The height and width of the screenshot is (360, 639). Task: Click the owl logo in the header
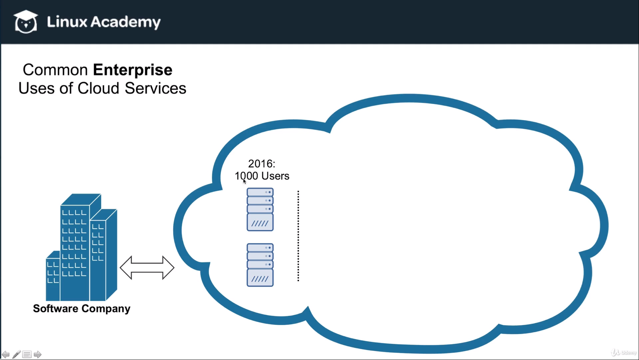(x=26, y=22)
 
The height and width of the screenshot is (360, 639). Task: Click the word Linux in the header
(x=67, y=22)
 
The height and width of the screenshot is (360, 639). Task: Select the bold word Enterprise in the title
(x=132, y=70)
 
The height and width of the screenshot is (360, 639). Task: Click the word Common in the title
(x=55, y=70)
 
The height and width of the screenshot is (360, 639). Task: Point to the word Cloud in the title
(x=98, y=88)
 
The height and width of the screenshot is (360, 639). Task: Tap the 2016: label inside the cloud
(x=261, y=164)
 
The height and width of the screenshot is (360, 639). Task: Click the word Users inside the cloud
(x=275, y=176)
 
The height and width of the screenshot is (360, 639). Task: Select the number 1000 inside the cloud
(x=246, y=176)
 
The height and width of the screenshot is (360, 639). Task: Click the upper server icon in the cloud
(x=260, y=210)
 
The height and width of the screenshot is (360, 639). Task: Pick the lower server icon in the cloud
(x=260, y=265)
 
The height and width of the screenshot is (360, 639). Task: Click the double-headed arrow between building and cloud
(x=147, y=267)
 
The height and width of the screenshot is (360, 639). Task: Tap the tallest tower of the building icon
(x=75, y=248)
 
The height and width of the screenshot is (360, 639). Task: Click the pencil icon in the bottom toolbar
(x=16, y=354)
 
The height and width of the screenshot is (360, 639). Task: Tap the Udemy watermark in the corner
(x=624, y=352)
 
